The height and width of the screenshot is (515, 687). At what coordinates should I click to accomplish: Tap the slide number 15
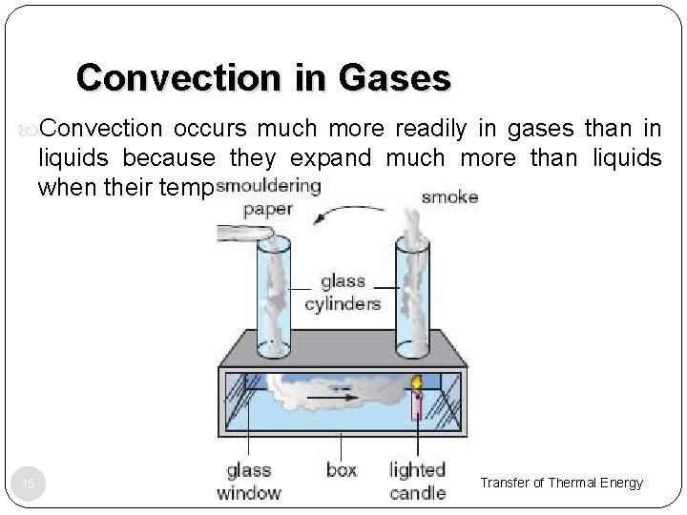click(x=29, y=484)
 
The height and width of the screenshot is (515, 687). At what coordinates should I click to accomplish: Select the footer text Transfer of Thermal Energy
click(x=561, y=483)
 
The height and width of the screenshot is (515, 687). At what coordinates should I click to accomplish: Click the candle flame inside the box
click(x=417, y=383)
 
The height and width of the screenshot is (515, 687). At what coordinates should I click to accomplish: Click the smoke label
click(x=450, y=198)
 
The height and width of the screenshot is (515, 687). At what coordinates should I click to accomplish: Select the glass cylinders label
click(x=343, y=293)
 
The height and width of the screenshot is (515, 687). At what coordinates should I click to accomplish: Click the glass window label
click(x=249, y=481)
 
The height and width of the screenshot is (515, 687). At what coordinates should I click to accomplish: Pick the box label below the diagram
click(x=342, y=470)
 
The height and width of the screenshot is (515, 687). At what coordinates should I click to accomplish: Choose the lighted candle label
click(x=417, y=481)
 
